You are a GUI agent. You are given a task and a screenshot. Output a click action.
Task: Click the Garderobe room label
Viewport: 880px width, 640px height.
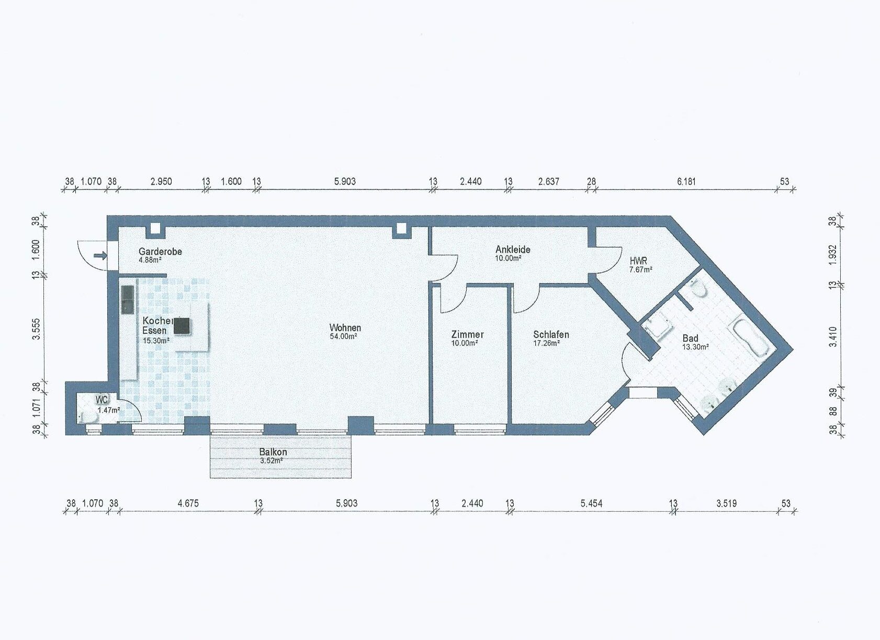(x=160, y=251)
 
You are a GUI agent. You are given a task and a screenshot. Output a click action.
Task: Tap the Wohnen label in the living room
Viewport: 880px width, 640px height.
(x=345, y=328)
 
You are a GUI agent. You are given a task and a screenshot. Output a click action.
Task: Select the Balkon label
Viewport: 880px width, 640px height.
(x=273, y=452)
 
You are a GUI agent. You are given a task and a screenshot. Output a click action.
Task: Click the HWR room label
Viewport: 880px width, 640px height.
(x=638, y=261)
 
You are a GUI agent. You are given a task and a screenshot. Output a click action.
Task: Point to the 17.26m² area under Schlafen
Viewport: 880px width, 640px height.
(x=546, y=343)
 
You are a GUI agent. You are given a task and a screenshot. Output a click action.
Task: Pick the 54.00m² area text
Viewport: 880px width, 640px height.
(x=343, y=336)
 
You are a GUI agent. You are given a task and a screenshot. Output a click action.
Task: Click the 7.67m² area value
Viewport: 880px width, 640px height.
(x=641, y=270)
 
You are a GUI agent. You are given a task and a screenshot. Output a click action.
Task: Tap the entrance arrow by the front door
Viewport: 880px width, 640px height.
(x=100, y=256)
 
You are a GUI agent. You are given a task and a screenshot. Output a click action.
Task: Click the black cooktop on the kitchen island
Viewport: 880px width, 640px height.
(x=182, y=326)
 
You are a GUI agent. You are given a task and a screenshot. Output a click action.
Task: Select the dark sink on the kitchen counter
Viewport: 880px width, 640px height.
(x=128, y=300)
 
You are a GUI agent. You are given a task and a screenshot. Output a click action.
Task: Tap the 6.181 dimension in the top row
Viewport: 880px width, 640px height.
(x=686, y=182)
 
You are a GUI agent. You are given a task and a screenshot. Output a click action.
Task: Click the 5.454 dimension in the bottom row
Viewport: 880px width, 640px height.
(x=591, y=503)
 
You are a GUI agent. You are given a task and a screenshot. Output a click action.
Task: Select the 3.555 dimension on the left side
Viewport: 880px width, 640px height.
(x=36, y=329)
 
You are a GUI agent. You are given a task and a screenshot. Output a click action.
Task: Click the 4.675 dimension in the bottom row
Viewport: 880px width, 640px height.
(x=188, y=503)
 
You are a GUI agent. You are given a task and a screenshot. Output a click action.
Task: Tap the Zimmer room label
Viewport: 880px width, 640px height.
(x=468, y=335)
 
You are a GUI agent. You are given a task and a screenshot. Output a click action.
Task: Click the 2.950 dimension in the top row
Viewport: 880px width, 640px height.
(x=161, y=182)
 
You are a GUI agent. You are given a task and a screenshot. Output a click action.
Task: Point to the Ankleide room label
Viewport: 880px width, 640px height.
(x=513, y=250)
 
